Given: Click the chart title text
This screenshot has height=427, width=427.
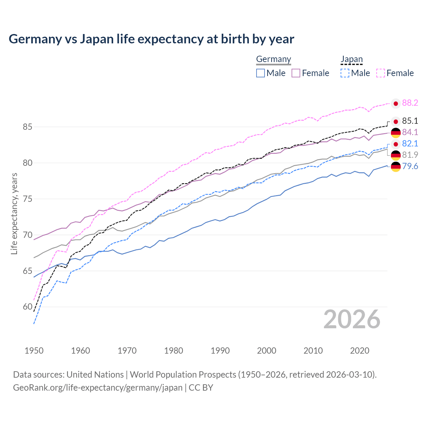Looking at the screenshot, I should tap(151, 39).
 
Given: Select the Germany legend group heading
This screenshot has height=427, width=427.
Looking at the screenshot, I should tap(274, 59).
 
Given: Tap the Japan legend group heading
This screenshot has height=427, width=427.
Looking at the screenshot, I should tap(352, 59).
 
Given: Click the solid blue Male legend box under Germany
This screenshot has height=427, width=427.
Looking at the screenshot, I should tap(261, 73).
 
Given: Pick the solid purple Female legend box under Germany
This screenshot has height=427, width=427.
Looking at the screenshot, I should tap(296, 73).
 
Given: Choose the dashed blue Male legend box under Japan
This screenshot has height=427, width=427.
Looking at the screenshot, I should tap(345, 73).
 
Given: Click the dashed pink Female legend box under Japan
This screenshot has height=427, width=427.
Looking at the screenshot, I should tap(381, 73).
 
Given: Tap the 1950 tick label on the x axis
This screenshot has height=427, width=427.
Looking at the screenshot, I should tap(34, 351).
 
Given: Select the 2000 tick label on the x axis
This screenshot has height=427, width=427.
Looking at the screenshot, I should tap(267, 351).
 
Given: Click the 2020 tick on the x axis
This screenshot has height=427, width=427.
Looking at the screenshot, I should tap(360, 351).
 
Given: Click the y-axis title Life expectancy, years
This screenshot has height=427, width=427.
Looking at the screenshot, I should tap(14, 213).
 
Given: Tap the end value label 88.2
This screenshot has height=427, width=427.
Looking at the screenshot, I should tap(410, 103).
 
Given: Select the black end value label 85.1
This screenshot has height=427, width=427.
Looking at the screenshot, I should tap(410, 121).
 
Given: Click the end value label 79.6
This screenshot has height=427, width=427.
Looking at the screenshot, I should tap(410, 166).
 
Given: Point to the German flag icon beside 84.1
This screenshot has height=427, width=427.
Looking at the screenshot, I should tap(396, 132).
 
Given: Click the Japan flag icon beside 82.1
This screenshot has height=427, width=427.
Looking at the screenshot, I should tap(396, 144).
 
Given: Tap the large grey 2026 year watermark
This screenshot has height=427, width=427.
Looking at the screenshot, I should tap(352, 319).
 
